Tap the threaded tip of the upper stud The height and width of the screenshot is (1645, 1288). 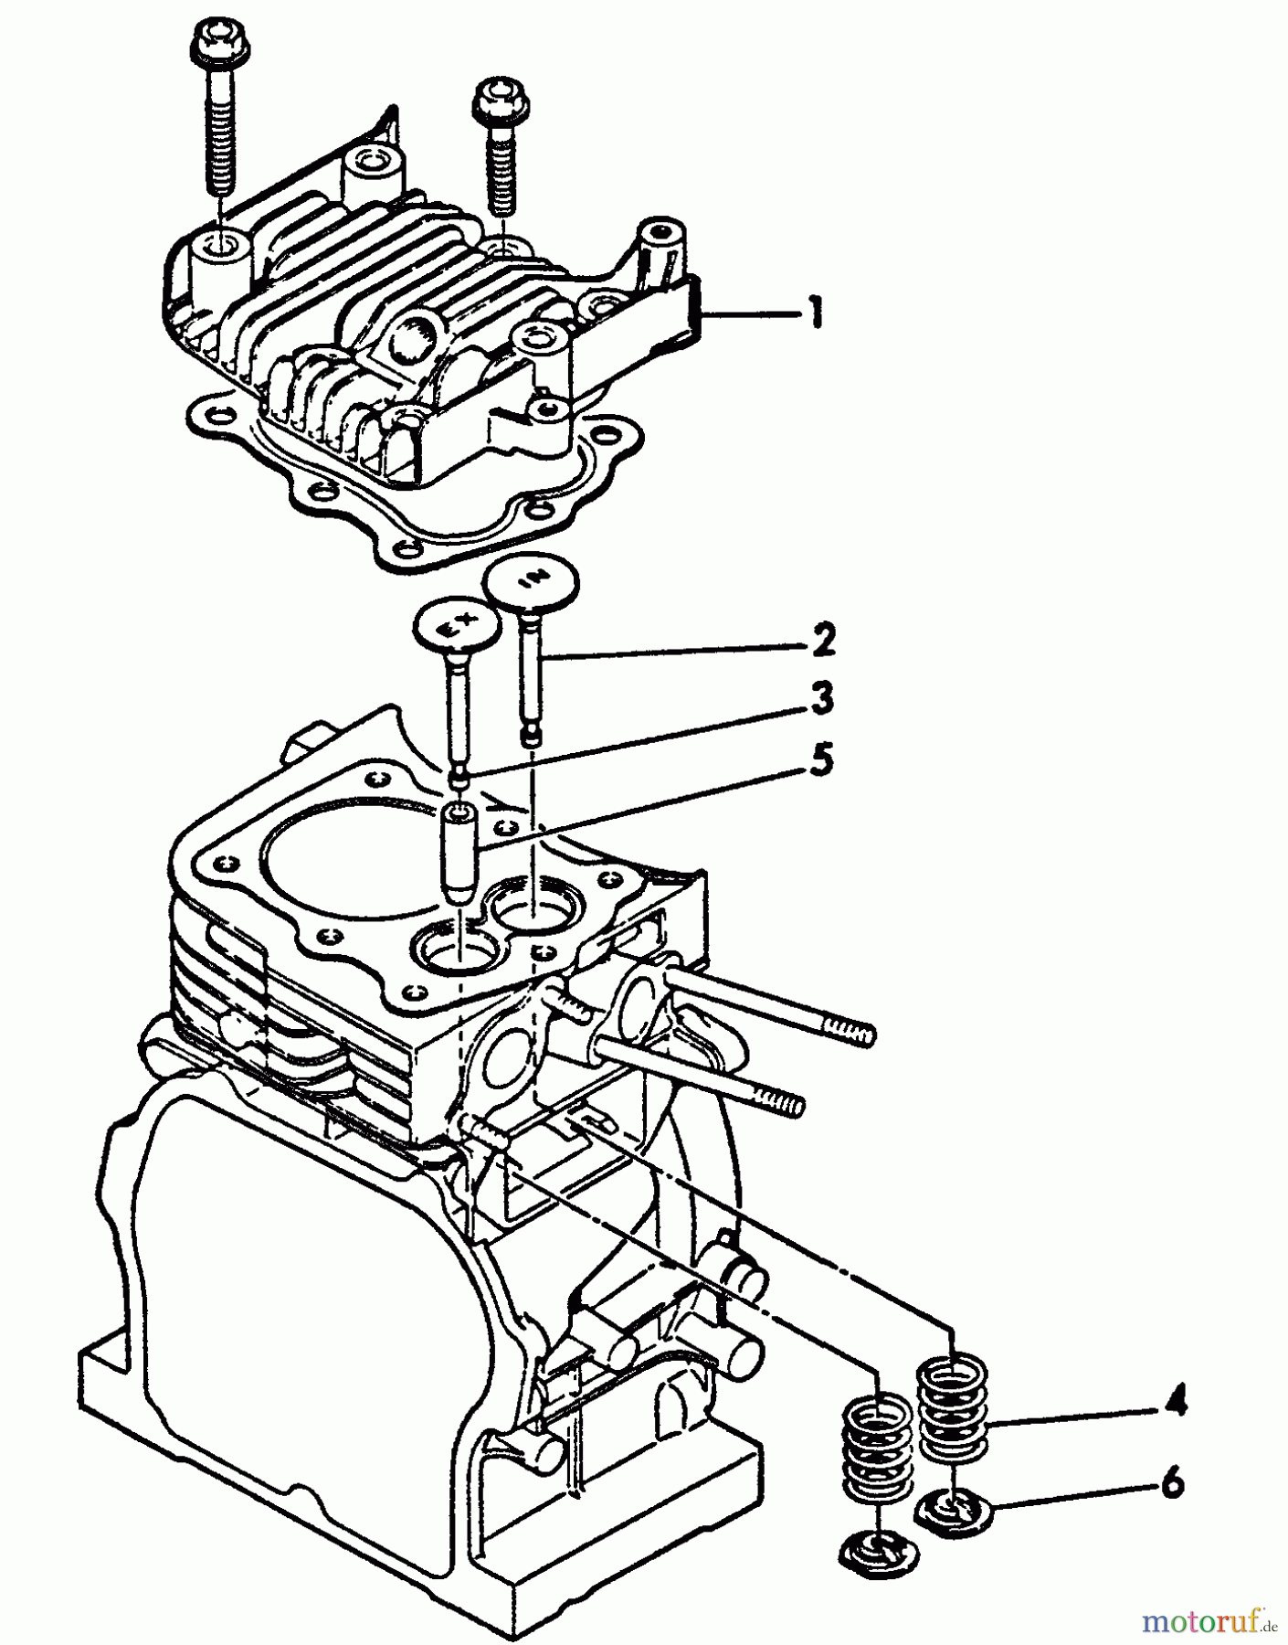coord(854,1034)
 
